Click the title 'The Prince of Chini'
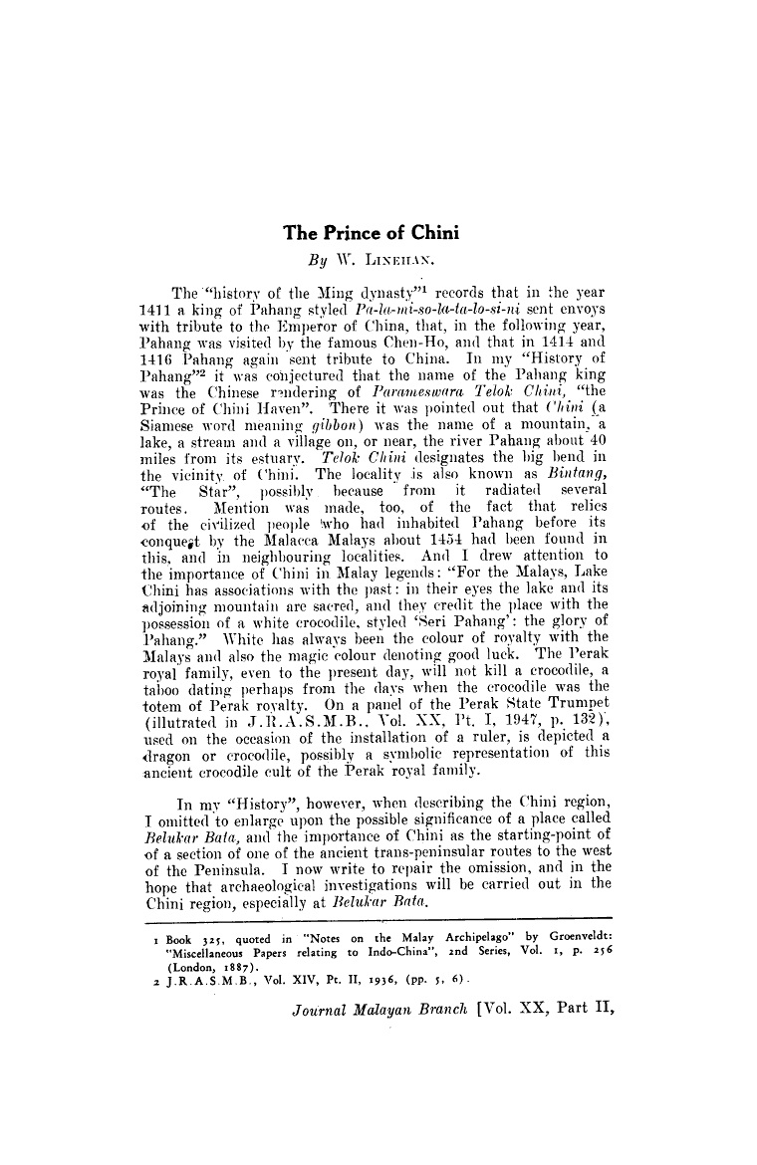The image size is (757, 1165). (371, 234)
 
